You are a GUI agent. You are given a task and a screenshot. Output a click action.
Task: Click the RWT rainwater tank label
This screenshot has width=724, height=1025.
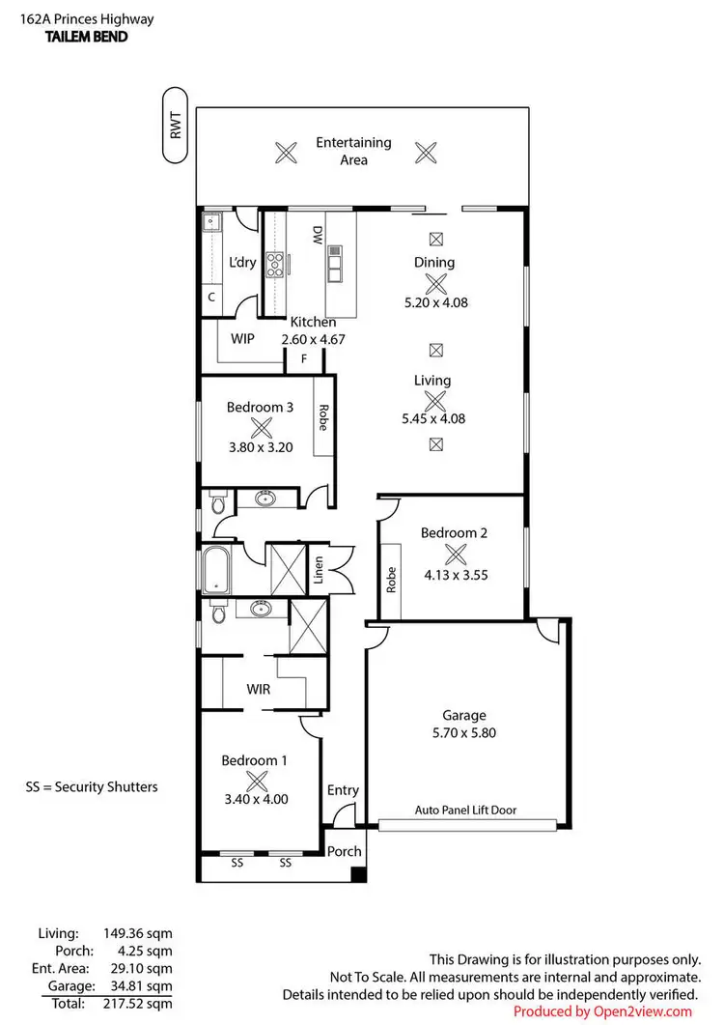(176, 126)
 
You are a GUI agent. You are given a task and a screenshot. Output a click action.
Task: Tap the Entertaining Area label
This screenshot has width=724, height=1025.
(353, 151)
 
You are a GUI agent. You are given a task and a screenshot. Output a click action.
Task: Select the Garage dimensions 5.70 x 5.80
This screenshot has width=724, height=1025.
(463, 732)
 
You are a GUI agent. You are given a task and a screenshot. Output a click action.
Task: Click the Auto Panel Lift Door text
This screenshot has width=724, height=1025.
(466, 811)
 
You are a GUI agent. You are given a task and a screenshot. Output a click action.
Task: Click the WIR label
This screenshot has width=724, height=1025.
(258, 690)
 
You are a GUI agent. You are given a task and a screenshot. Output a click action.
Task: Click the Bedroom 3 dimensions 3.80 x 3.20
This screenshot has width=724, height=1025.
(259, 447)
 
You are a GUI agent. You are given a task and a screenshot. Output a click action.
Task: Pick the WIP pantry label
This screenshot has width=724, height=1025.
(242, 339)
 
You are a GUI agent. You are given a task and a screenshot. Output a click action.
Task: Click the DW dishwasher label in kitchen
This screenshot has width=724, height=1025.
(317, 235)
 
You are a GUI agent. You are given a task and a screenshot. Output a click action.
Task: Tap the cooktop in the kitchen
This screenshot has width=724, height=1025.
(274, 264)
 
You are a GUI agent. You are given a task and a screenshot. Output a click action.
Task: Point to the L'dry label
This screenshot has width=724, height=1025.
(241, 263)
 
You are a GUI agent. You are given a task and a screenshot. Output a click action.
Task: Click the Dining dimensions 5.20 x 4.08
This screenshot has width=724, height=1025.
(435, 302)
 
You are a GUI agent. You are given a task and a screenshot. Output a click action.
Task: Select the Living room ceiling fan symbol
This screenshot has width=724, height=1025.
(435, 401)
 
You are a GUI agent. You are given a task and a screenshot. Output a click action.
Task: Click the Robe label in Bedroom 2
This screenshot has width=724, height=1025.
(392, 580)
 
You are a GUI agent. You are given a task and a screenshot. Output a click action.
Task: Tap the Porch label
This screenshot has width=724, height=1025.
(344, 851)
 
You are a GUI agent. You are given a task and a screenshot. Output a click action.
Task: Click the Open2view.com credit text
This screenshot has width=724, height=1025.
(602, 1011)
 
